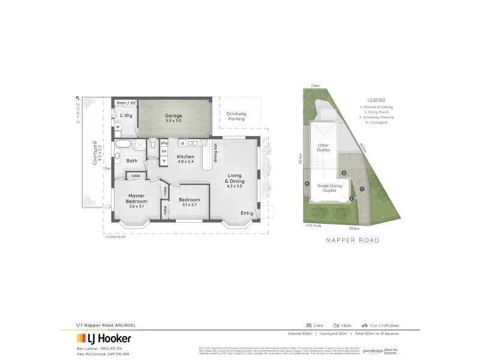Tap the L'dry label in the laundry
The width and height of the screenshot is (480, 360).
pyautogui.click(x=126, y=115)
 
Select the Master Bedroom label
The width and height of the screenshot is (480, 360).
pyautogui.click(x=137, y=199)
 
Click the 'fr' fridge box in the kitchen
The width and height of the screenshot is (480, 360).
pyautogui.click(x=164, y=160)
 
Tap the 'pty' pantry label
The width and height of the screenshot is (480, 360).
pyautogui.click(x=164, y=143)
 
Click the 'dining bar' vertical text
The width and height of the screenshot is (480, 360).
pyautogui.click(x=215, y=153)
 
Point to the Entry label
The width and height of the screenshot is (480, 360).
pyautogui.click(x=247, y=213)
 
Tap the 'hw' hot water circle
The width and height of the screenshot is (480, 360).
pyautogui.click(x=107, y=169)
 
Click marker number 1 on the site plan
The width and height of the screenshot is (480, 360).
pyautogui.click(x=362, y=190)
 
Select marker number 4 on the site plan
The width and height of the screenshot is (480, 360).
pyautogui.click(x=307, y=184)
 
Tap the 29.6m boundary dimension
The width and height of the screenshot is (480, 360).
pyautogui.click(x=353, y=229)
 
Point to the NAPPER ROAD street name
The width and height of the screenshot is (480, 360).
pyautogui.click(x=352, y=240)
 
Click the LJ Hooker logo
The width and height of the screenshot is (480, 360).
pyautogui.click(x=104, y=338)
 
